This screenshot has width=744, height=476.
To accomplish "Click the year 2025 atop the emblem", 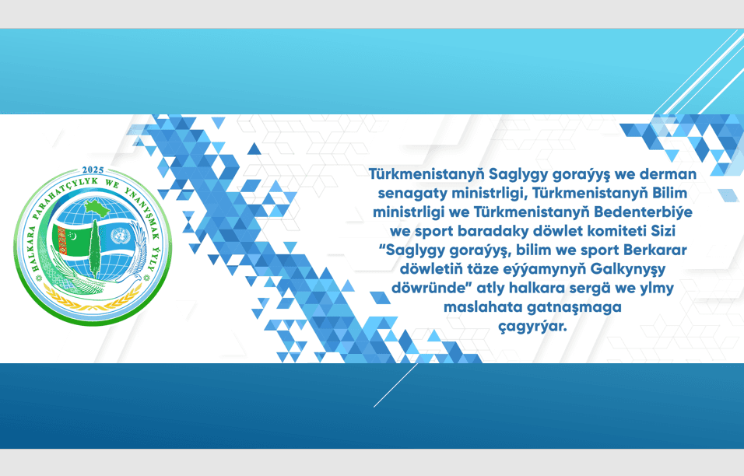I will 92,170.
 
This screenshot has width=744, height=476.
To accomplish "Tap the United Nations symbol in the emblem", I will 120,236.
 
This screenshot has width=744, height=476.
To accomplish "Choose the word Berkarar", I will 656,250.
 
